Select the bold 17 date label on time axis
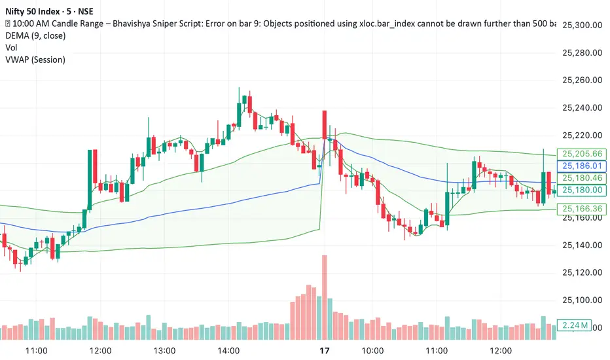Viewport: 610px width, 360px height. pos(323,351)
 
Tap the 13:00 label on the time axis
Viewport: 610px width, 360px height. pos(164,351)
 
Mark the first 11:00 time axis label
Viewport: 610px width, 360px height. pos(36,351)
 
